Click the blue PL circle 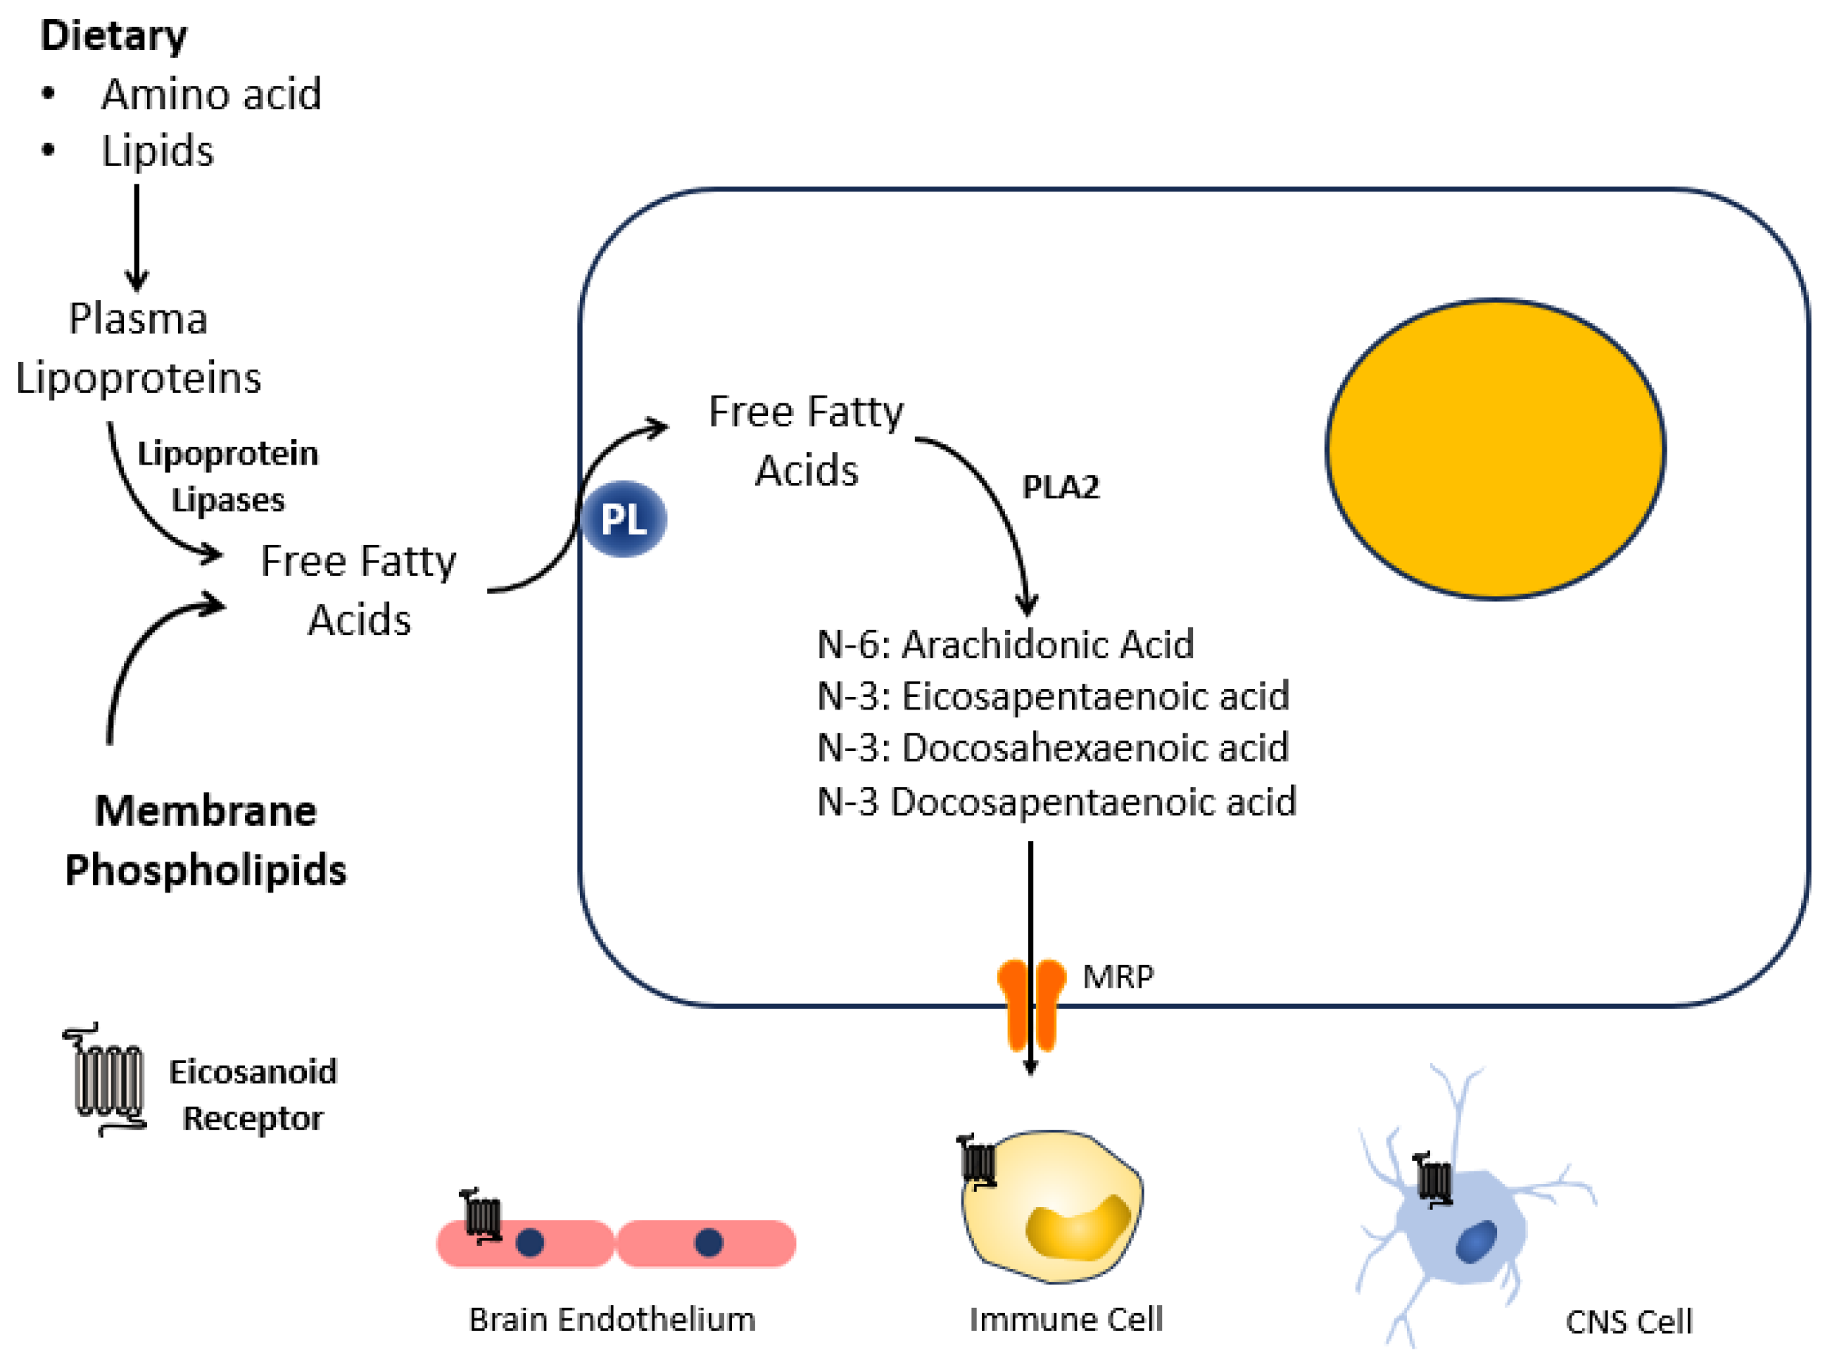[624, 519]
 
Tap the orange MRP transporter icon [1031, 1002]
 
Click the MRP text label [1118, 977]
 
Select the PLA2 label [1061, 486]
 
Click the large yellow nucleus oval [1495, 449]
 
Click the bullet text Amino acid [211, 94]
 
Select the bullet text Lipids [158, 151]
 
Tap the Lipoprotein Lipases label [228, 477]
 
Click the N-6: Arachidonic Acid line [1005, 644]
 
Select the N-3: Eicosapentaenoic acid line [1053, 696]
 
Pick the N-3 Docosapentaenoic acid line [1056, 802]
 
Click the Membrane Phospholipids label [206, 840]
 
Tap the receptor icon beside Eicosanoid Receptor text [106, 1080]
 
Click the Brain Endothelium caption [612, 1319]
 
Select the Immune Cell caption [1066, 1319]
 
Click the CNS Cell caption [1629, 1322]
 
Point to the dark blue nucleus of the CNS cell [1476, 1242]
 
